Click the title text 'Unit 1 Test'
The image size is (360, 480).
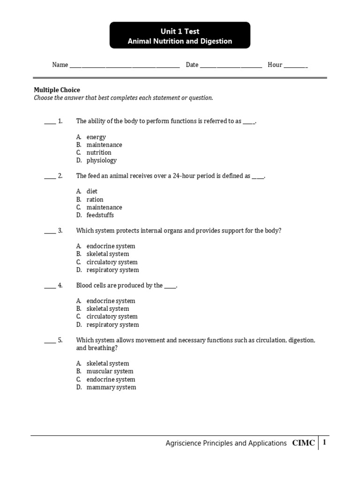pyautogui.click(x=180, y=31)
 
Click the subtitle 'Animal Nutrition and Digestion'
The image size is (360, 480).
pyautogui.click(x=180, y=41)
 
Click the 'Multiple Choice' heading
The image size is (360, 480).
pyautogui.click(x=57, y=90)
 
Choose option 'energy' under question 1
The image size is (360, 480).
pyautogui.click(x=96, y=137)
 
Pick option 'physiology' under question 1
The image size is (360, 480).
pyautogui.click(x=101, y=160)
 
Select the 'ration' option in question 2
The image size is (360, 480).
pyautogui.click(x=95, y=200)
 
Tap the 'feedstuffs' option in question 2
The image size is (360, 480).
pyautogui.click(x=100, y=215)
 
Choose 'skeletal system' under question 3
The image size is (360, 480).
pyautogui.click(x=107, y=254)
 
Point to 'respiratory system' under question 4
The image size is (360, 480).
pyautogui.click(x=112, y=325)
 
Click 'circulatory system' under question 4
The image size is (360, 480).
pyautogui.click(x=112, y=317)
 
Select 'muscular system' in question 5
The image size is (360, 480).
pyautogui.click(x=110, y=371)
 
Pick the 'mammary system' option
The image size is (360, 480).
pyautogui.click(x=111, y=387)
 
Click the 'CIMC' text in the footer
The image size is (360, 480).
pyautogui.click(x=304, y=443)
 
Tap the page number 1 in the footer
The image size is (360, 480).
pyautogui.click(x=324, y=442)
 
